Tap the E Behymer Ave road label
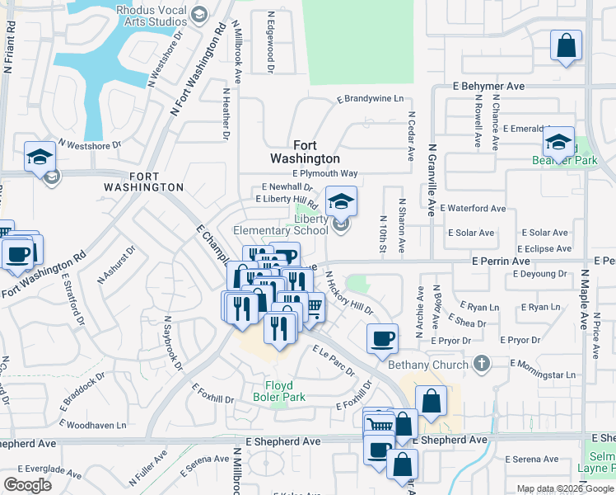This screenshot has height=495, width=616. [489, 86]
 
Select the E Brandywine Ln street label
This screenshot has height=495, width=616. [371, 99]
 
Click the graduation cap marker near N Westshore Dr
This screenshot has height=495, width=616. [40, 158]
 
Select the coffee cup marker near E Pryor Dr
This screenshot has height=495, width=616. [382, 337]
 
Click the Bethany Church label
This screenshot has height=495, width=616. [427, 363]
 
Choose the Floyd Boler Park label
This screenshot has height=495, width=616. [285, 391]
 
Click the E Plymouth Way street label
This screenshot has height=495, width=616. [325, 174]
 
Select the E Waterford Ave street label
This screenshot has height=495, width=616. [473, 209]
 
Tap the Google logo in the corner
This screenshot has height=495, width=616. [27, 485]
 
